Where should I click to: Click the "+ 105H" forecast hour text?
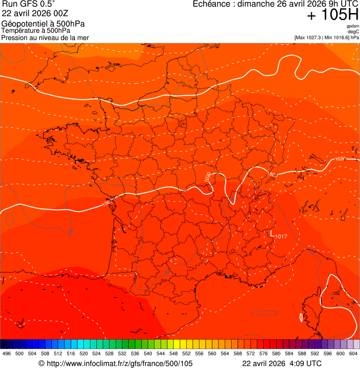pyautogui.click(x=333, y=15)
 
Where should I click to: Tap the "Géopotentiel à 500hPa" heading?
pyautogui.click(x=43, y=24)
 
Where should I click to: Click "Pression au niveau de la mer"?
pyautogui.click(x=45, y=37)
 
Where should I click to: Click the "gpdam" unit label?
pyautogui.click(x=353, y=26)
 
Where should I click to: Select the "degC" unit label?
pyautogui.click(x=354, y=31)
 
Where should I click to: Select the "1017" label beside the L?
pyautogui.click(x=281, y=236)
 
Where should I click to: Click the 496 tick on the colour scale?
pyautogui.click(x=7, y=353)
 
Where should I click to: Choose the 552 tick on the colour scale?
pyautogui.click(x=186, y=353)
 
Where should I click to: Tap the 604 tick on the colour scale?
pyautogui.click(x=353, y=353)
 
